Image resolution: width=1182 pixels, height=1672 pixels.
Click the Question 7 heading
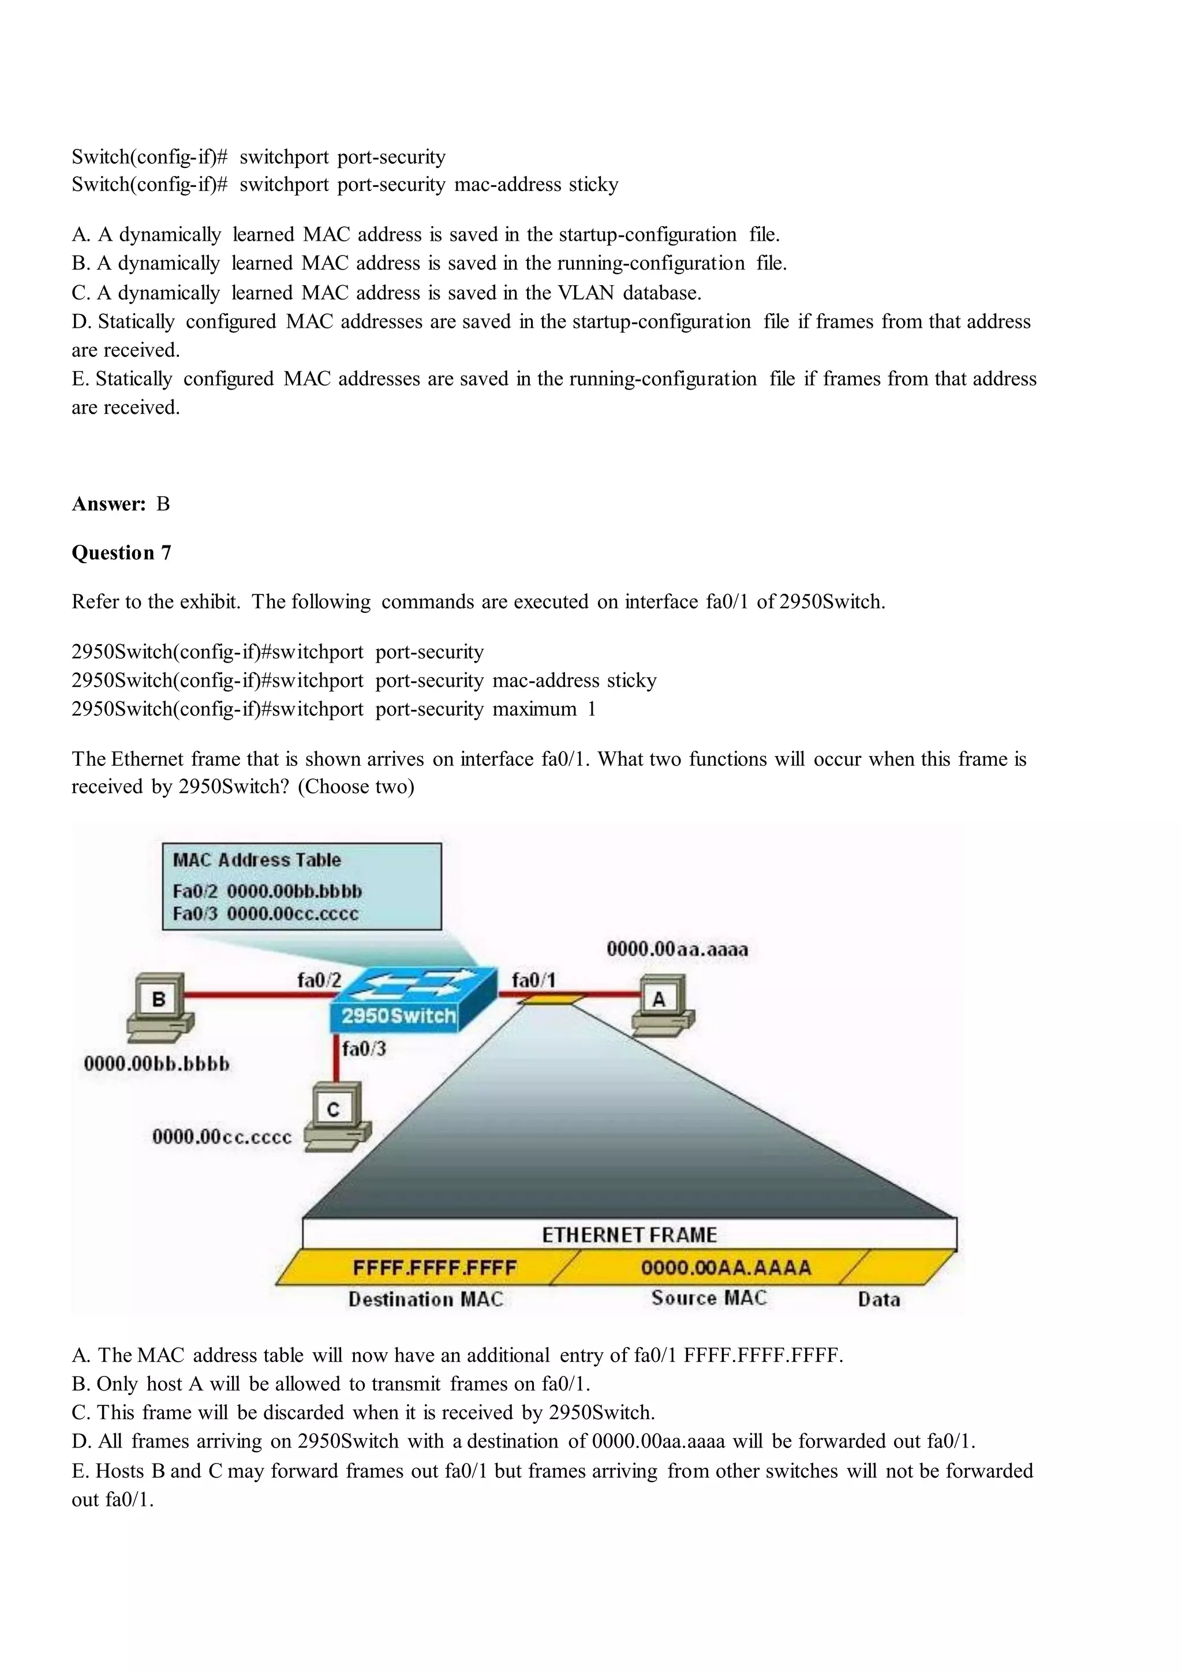pyautogui.click(x=121, y=553)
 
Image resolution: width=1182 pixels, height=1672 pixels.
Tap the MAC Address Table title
pyautogui.click(x=256, y=860)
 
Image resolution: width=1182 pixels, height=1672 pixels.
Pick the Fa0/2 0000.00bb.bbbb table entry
pyautogui.click(x=267, y=891)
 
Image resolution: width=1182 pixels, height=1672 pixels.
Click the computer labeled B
pyautogui.click(x=159, y=1007)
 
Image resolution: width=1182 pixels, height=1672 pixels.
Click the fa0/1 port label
pyautogui.click(x=533, y=980)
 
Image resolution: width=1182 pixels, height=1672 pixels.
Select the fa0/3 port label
pyautogui.click(x=364, y=1049)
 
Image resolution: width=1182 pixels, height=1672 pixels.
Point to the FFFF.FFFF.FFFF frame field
pyautogui.click(x=434, y=1268)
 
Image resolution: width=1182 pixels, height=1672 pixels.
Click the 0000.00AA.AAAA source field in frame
pyautogui.click(x=725, y=1268)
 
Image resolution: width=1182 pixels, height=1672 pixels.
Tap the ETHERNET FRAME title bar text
pyautogui.click(x=629, y=1235)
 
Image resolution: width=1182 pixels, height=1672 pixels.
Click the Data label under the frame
pyautogui.click(x=878, y=1300)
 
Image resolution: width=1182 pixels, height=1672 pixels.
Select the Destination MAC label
pyautogui.click(x=425, y=1300)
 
